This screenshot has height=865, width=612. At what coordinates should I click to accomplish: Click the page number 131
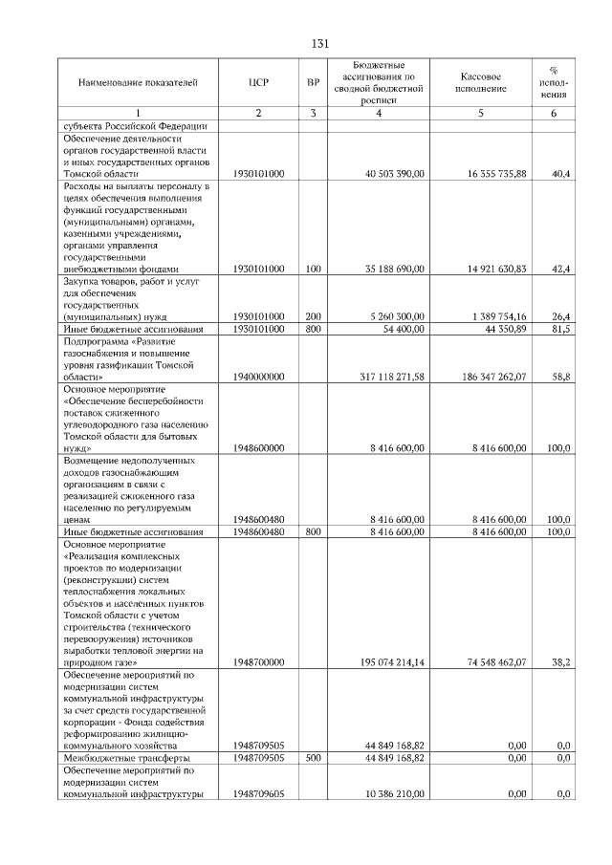tap(320, 44)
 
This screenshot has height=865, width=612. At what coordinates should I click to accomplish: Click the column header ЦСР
tap(258, 82)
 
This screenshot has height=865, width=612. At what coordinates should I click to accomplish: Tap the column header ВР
tap(313, 82)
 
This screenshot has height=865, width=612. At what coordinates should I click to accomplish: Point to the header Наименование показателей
tap(138, 82)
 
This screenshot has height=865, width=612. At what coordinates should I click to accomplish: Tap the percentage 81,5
tap(561, 329)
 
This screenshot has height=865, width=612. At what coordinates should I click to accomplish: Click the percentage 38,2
tap(561, 661)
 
